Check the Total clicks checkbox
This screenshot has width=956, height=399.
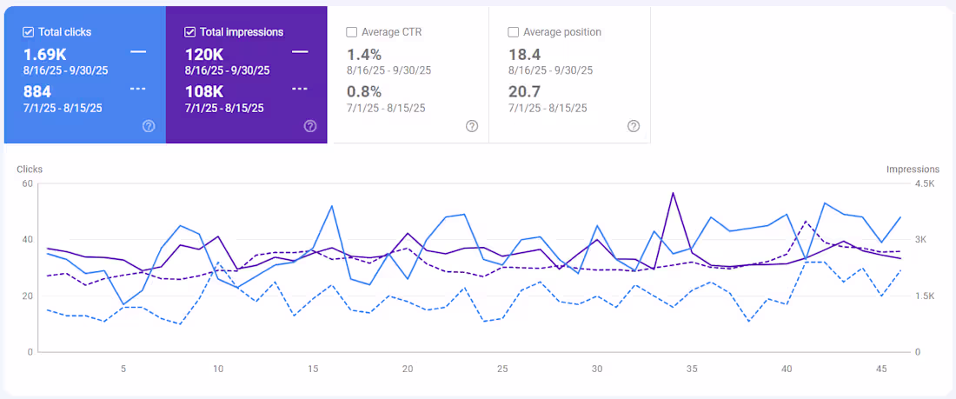(29, 32)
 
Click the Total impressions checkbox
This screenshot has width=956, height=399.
(190, 32)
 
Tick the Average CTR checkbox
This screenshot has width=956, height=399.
(351, 32)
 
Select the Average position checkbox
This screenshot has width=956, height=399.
(513, 32)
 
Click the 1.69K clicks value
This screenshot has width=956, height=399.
(45, 54)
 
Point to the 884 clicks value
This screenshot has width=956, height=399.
(37, 91)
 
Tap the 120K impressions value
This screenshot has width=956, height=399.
(205, 54)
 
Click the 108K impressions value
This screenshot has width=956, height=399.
(205, 91)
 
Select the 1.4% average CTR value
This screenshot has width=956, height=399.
(363, 54)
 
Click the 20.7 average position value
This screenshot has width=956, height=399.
(525, 91)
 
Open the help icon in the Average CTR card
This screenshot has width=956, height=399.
(472, 126)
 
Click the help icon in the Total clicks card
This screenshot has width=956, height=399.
(149, 126)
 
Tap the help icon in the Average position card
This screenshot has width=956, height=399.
(634, 126)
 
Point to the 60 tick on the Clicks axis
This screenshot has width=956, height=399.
(27, 183)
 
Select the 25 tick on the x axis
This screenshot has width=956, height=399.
(502, 369)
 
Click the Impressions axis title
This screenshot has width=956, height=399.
(913, 170)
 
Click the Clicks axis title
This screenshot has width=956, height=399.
(30, 170)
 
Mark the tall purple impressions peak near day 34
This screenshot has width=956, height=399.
(673, 193)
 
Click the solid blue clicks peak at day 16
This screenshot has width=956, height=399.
(332, 206)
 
